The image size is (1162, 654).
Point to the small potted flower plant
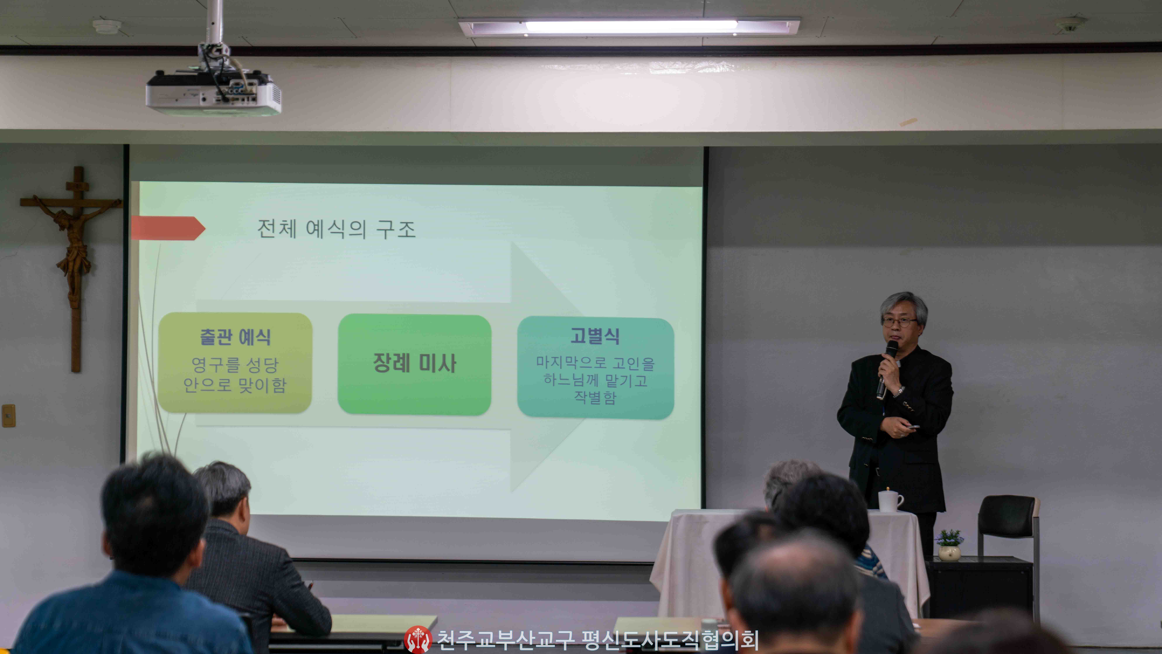[x=949, y=545]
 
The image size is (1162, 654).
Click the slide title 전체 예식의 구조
[x=336, y=229]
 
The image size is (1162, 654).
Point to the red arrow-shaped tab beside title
[x=168, y=228]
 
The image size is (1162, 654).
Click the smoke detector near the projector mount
[x=107, y=26]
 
